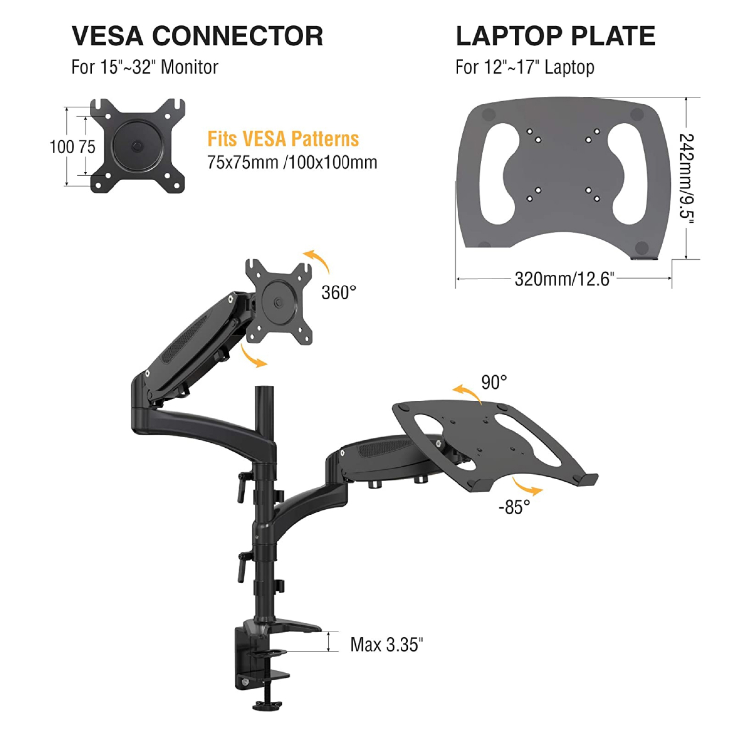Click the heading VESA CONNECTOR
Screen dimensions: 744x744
197,36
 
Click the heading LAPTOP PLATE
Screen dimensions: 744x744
555,36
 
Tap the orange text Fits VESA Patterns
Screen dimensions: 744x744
283,139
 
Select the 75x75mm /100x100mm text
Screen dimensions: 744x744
292,163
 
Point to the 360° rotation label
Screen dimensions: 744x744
339,293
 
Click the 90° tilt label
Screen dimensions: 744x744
494,383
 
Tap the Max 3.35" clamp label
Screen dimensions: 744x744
387,645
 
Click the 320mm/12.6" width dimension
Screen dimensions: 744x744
564,279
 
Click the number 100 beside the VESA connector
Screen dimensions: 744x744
61,147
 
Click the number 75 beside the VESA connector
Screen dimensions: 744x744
86,147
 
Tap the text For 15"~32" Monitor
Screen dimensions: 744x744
145,67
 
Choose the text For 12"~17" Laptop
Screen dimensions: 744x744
524,67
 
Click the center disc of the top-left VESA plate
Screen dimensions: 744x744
137,146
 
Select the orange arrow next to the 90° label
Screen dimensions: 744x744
467,392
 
